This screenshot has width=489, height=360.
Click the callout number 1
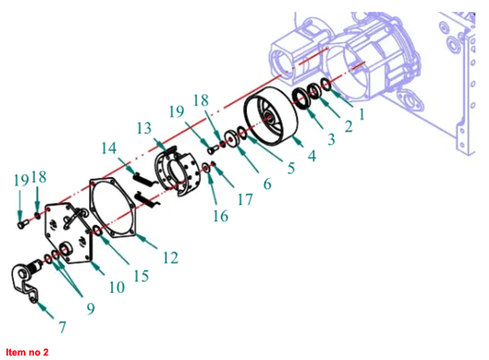point(361,115)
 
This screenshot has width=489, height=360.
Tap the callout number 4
point(312,155)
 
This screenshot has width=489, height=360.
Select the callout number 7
point(62,327)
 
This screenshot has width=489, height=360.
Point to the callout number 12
point(171,257)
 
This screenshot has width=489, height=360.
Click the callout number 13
point(144,128)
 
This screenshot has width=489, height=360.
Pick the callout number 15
point(141,276)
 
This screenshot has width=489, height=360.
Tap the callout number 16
point(220,216)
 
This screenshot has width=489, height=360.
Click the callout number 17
point(245,199)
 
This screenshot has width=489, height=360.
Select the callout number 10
point(117,287)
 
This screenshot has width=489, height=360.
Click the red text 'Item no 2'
point(28,353)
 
